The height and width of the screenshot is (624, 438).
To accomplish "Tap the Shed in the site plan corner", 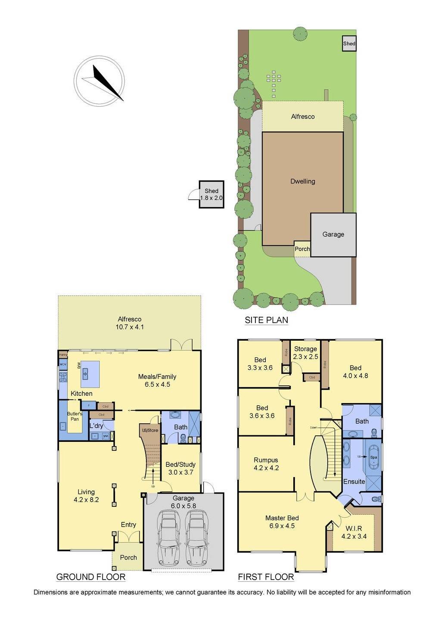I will click(349, 43).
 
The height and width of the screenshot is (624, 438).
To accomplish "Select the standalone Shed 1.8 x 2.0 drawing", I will click(211, 194).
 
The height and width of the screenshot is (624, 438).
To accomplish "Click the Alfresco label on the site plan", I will click(303, 117).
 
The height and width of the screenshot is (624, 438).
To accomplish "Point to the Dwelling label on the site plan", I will click(303, 181).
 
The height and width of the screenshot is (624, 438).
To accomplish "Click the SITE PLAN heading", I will click(266, 320).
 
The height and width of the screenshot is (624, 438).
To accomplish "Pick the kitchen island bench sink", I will click(85, 373).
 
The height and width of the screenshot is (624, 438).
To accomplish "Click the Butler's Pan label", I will click(75, 416).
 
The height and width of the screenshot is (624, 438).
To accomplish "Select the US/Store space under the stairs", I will click(150, 430).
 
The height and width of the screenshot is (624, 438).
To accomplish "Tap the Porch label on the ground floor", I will click(128, 557).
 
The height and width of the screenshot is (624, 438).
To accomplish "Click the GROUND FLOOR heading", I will click(91, 577).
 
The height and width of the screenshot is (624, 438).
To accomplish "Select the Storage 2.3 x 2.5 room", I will click(305, 353).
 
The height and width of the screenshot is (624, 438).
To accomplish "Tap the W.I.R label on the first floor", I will click(354, 528).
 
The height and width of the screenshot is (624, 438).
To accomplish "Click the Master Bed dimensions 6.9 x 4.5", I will click(282, 526).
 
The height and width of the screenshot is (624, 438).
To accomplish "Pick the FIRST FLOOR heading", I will click(266, 577).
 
